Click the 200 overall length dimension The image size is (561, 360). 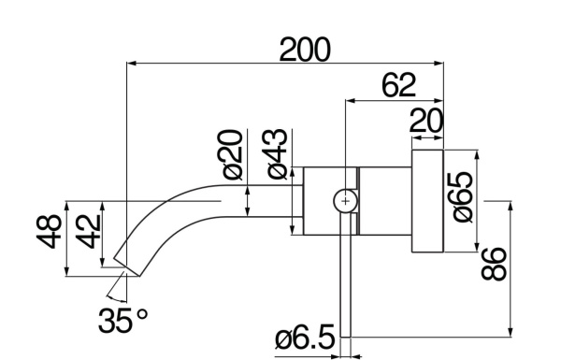(x=306, y=50)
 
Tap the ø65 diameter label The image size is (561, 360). (x=464, y=195)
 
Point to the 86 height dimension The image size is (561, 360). (x=496, y=266)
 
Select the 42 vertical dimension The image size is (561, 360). (x=86, y=230)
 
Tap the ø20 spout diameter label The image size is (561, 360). (x=234, y=154)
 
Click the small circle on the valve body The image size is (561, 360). (x=346, y=200)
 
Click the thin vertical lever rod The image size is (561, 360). (x=345, y=281)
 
